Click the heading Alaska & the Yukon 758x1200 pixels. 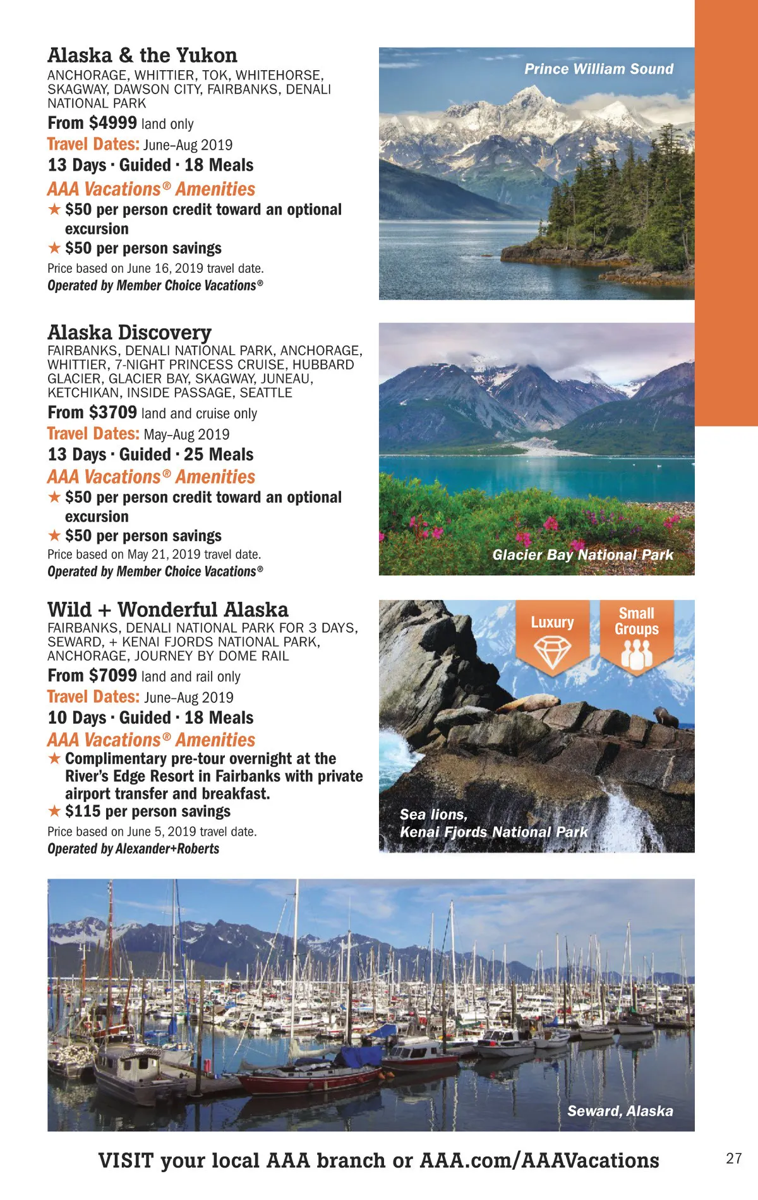pyautogui.click(x=142, y=56)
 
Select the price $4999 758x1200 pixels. pyautogui.click(x=114, y=123)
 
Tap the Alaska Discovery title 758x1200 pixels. pyautogui.click(x=129, y=332)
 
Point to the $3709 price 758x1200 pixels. pyautogui.click(x=114, y=412)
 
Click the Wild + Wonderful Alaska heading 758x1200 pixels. pyautogui.click(x=167, y=609)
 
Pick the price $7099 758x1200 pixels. pyautogui.click(x=114, y=676)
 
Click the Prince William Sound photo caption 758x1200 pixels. pyautogui.click(x=598, y=69)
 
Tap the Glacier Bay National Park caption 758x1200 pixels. pyautogui.click(x=582, y=555)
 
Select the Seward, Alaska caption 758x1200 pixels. pyautogui.click(x=620, y=1111)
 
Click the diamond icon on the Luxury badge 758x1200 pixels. pyautogui.click(x=552, y=651)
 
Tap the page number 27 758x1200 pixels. pyautogui.click(x=733, y=1158)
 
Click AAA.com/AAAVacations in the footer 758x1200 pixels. pyautogui.click(x=539, y=1161)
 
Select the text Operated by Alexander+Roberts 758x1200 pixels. pyautogui.click(x=133, y=849)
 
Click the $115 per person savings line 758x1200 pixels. pyautogui.click(x=147, y=812)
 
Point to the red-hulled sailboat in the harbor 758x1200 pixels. pyautogui.click(x=310, y=1081)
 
